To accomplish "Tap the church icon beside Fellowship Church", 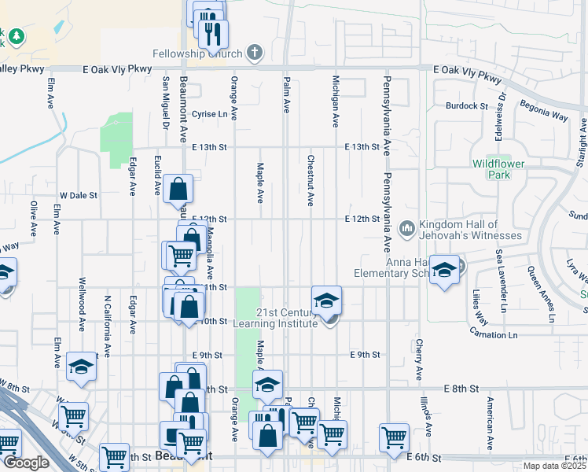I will [x=253, y=53].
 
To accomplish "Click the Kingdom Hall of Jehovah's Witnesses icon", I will [x=406, y=228].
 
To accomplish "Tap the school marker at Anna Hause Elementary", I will [x=444, y=271].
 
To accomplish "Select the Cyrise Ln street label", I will [x=215, y=113].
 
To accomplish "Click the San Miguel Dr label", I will [x=166, y=102].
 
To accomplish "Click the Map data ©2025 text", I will [x=555, y=466].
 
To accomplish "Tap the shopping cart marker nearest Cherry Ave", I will [x=394, y=437].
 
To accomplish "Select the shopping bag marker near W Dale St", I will [x=178, y=189].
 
